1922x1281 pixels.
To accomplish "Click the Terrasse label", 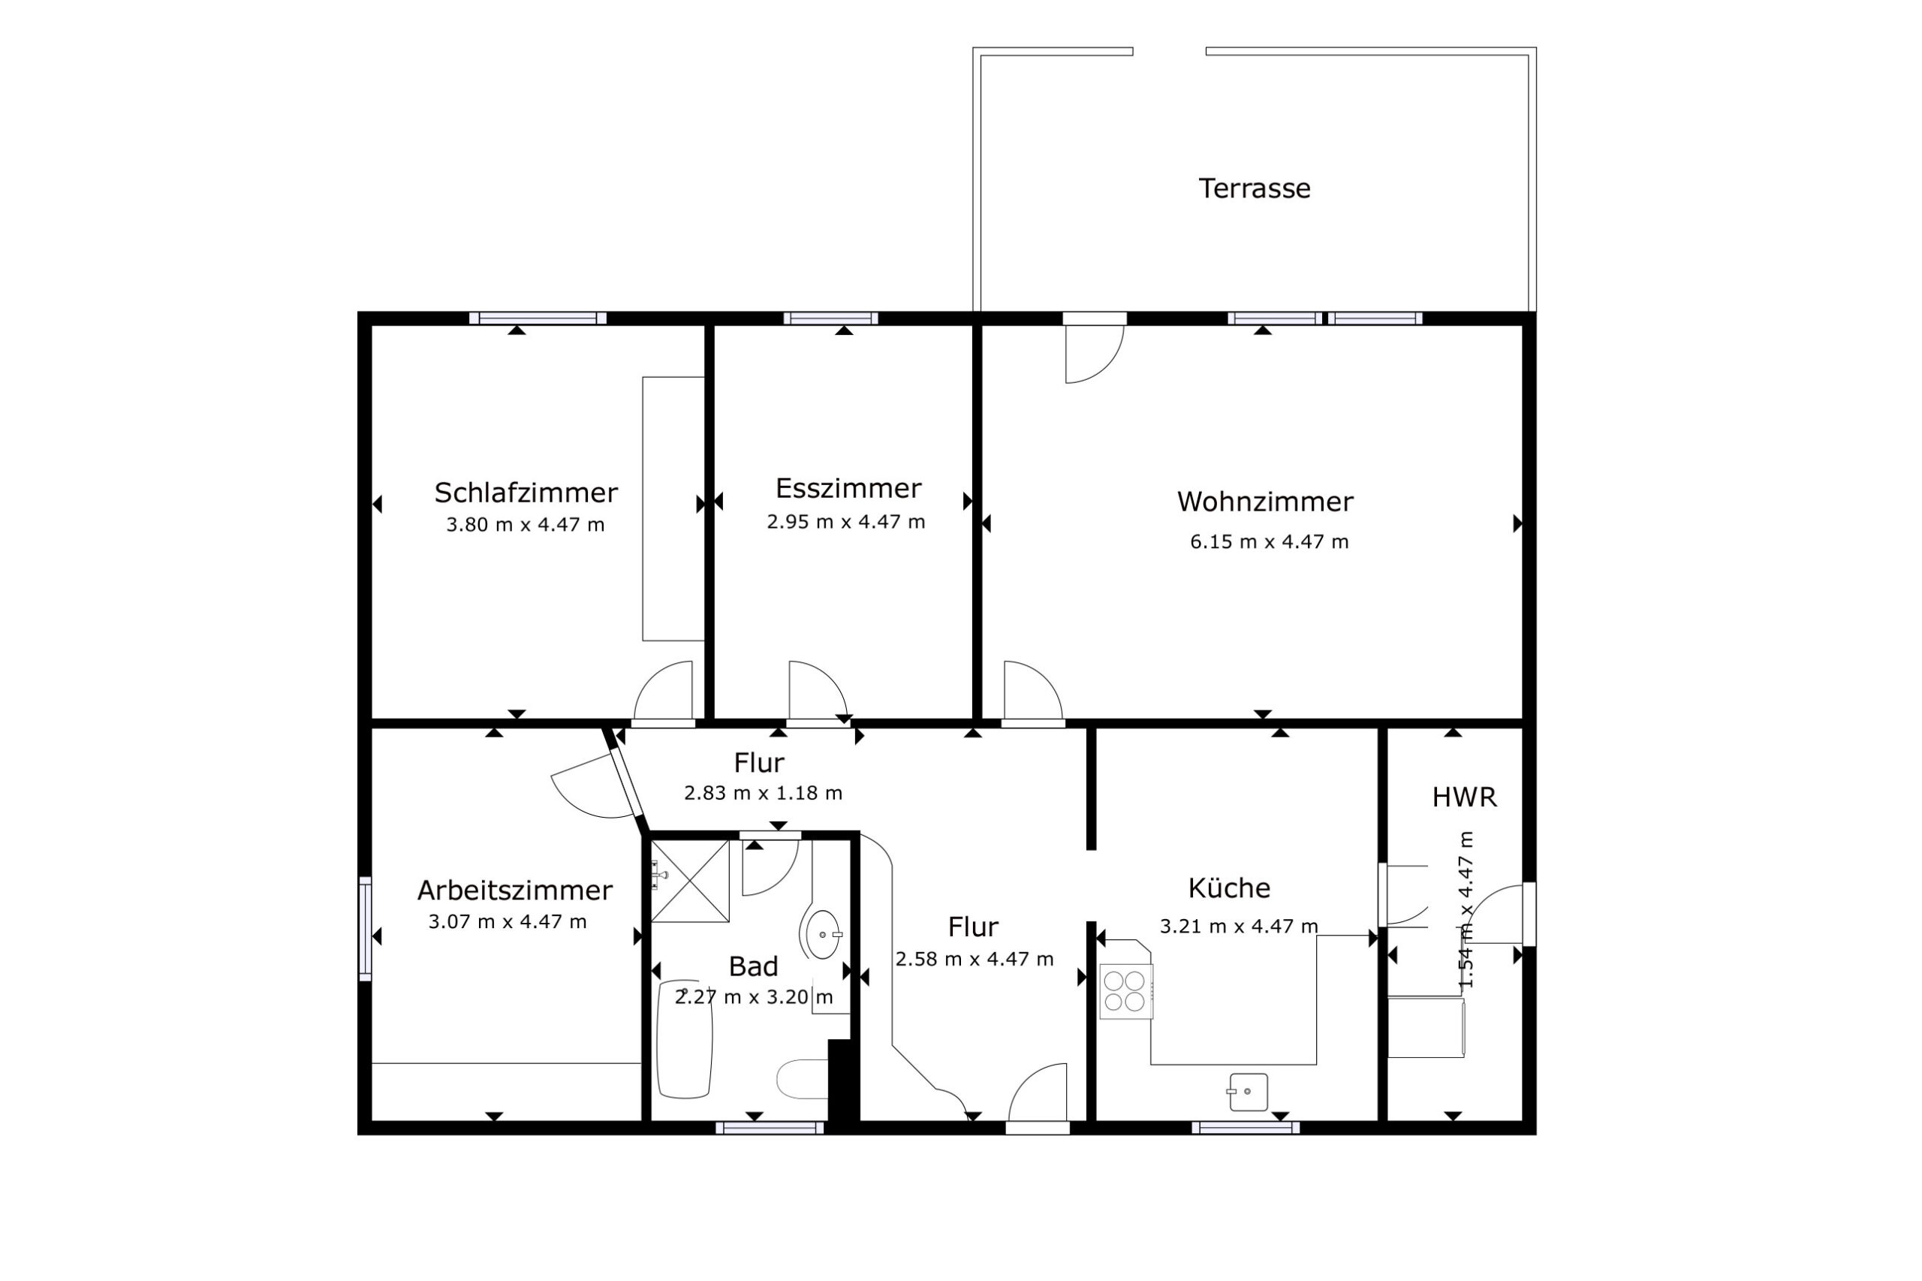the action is click(1254, 188).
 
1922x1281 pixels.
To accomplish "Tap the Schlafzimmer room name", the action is click(526, 493).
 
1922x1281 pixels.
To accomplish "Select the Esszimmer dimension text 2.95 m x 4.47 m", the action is click(845, 522).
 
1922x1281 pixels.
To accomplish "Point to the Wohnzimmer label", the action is click(1264, 502).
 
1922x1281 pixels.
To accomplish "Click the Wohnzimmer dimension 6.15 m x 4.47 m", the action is click(1269, 541).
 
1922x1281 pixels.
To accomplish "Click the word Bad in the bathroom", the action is click(752, 966).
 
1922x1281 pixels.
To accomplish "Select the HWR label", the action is click(1464, 797).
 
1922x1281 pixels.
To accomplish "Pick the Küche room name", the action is click(1228, 888).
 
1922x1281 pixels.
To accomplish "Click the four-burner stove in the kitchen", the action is click(1125, 992).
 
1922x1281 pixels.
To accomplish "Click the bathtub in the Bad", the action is click(685, 1039).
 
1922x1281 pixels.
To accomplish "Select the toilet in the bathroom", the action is click(803, 1079).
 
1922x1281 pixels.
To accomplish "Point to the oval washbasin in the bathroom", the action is click(824, 934).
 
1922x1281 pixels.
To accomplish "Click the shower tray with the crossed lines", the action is click(689, 881).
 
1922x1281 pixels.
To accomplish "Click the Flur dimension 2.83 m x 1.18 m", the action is click(763, 793).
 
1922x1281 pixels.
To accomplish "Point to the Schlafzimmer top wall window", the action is click(538, 318).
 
